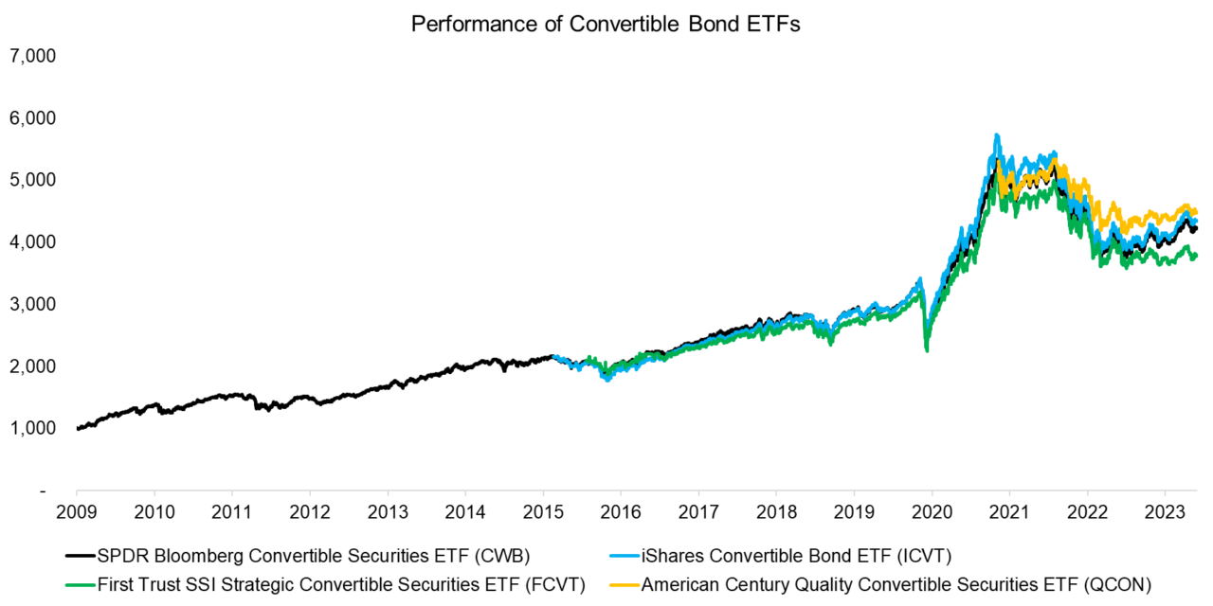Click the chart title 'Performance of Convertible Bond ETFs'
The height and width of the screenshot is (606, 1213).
[606, 25]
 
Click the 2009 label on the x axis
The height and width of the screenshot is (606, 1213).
[77, 512]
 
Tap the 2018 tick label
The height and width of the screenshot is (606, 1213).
[776, 512]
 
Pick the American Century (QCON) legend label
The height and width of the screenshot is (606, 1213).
[896, 586]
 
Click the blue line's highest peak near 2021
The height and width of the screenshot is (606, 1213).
[996, 135]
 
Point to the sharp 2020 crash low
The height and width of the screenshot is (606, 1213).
[926, 350]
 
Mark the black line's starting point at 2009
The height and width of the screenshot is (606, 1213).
[78, 429]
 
